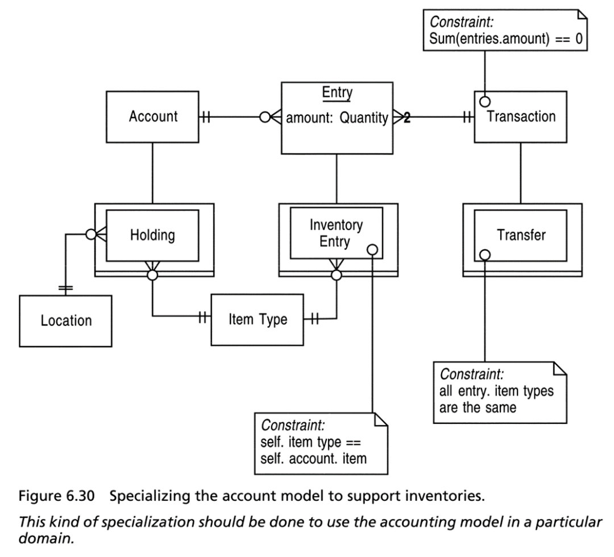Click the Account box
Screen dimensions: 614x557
click(x=152, y=117)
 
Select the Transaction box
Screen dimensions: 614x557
click(x=520, y=117)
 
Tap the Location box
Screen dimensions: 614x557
click(x=65, y=321)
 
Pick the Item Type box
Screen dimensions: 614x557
click(x=258, y=320)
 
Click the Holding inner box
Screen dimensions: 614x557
click(x=152, y=236)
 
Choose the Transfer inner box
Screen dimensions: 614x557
click(x=520, y=236)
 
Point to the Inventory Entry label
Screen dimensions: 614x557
click(x=336, y=233)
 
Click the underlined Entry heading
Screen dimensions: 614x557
click(x=337, y=93)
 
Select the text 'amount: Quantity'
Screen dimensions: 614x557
click(x=337, y=118)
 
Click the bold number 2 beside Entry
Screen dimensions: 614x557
click(x=407, y=117)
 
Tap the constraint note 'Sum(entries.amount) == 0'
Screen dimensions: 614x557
click(x=505, y=30)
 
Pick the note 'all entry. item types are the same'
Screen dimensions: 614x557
click(x=500, y=393)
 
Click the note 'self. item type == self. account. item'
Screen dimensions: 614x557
click(x=321, y=443)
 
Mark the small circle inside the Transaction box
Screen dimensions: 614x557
click(x=485, y=102)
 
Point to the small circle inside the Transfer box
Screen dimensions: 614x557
click(x=485, y=255)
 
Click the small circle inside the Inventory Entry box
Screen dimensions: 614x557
click(x=372, y=250)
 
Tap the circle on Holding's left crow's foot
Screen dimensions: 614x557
click(x=91, y=235)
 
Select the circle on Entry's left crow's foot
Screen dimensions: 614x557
click(x=265, y=117)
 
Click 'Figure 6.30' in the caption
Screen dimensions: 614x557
click(x=57, y=496)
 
